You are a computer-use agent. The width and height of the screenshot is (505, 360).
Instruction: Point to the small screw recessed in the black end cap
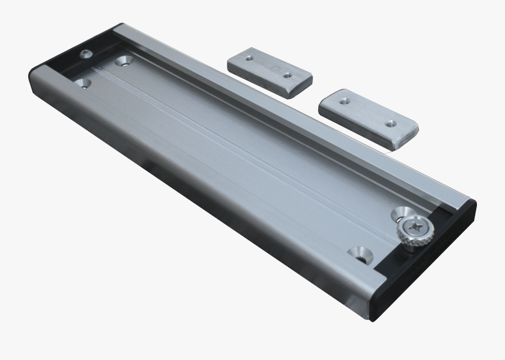point(85,54)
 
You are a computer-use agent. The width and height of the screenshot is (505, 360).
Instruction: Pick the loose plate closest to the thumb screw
point(368,117)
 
